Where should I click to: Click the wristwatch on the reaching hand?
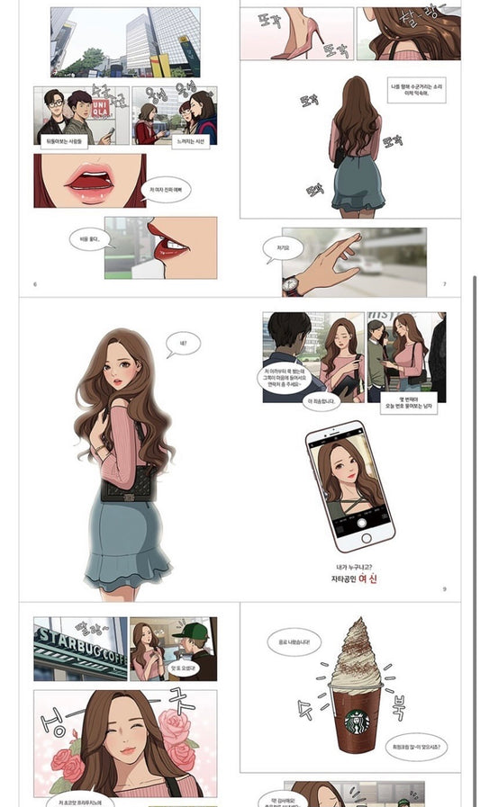tap(292, 285)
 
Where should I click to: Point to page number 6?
tap(35, 284)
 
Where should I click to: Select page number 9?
tap(444, 589)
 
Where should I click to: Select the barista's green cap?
tap(190, 630)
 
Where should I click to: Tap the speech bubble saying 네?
tap(184, 343)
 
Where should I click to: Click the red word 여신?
tap(367, 579)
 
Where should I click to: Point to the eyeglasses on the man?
tap(55, 103)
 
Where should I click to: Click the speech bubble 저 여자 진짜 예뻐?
tap(167, 189)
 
